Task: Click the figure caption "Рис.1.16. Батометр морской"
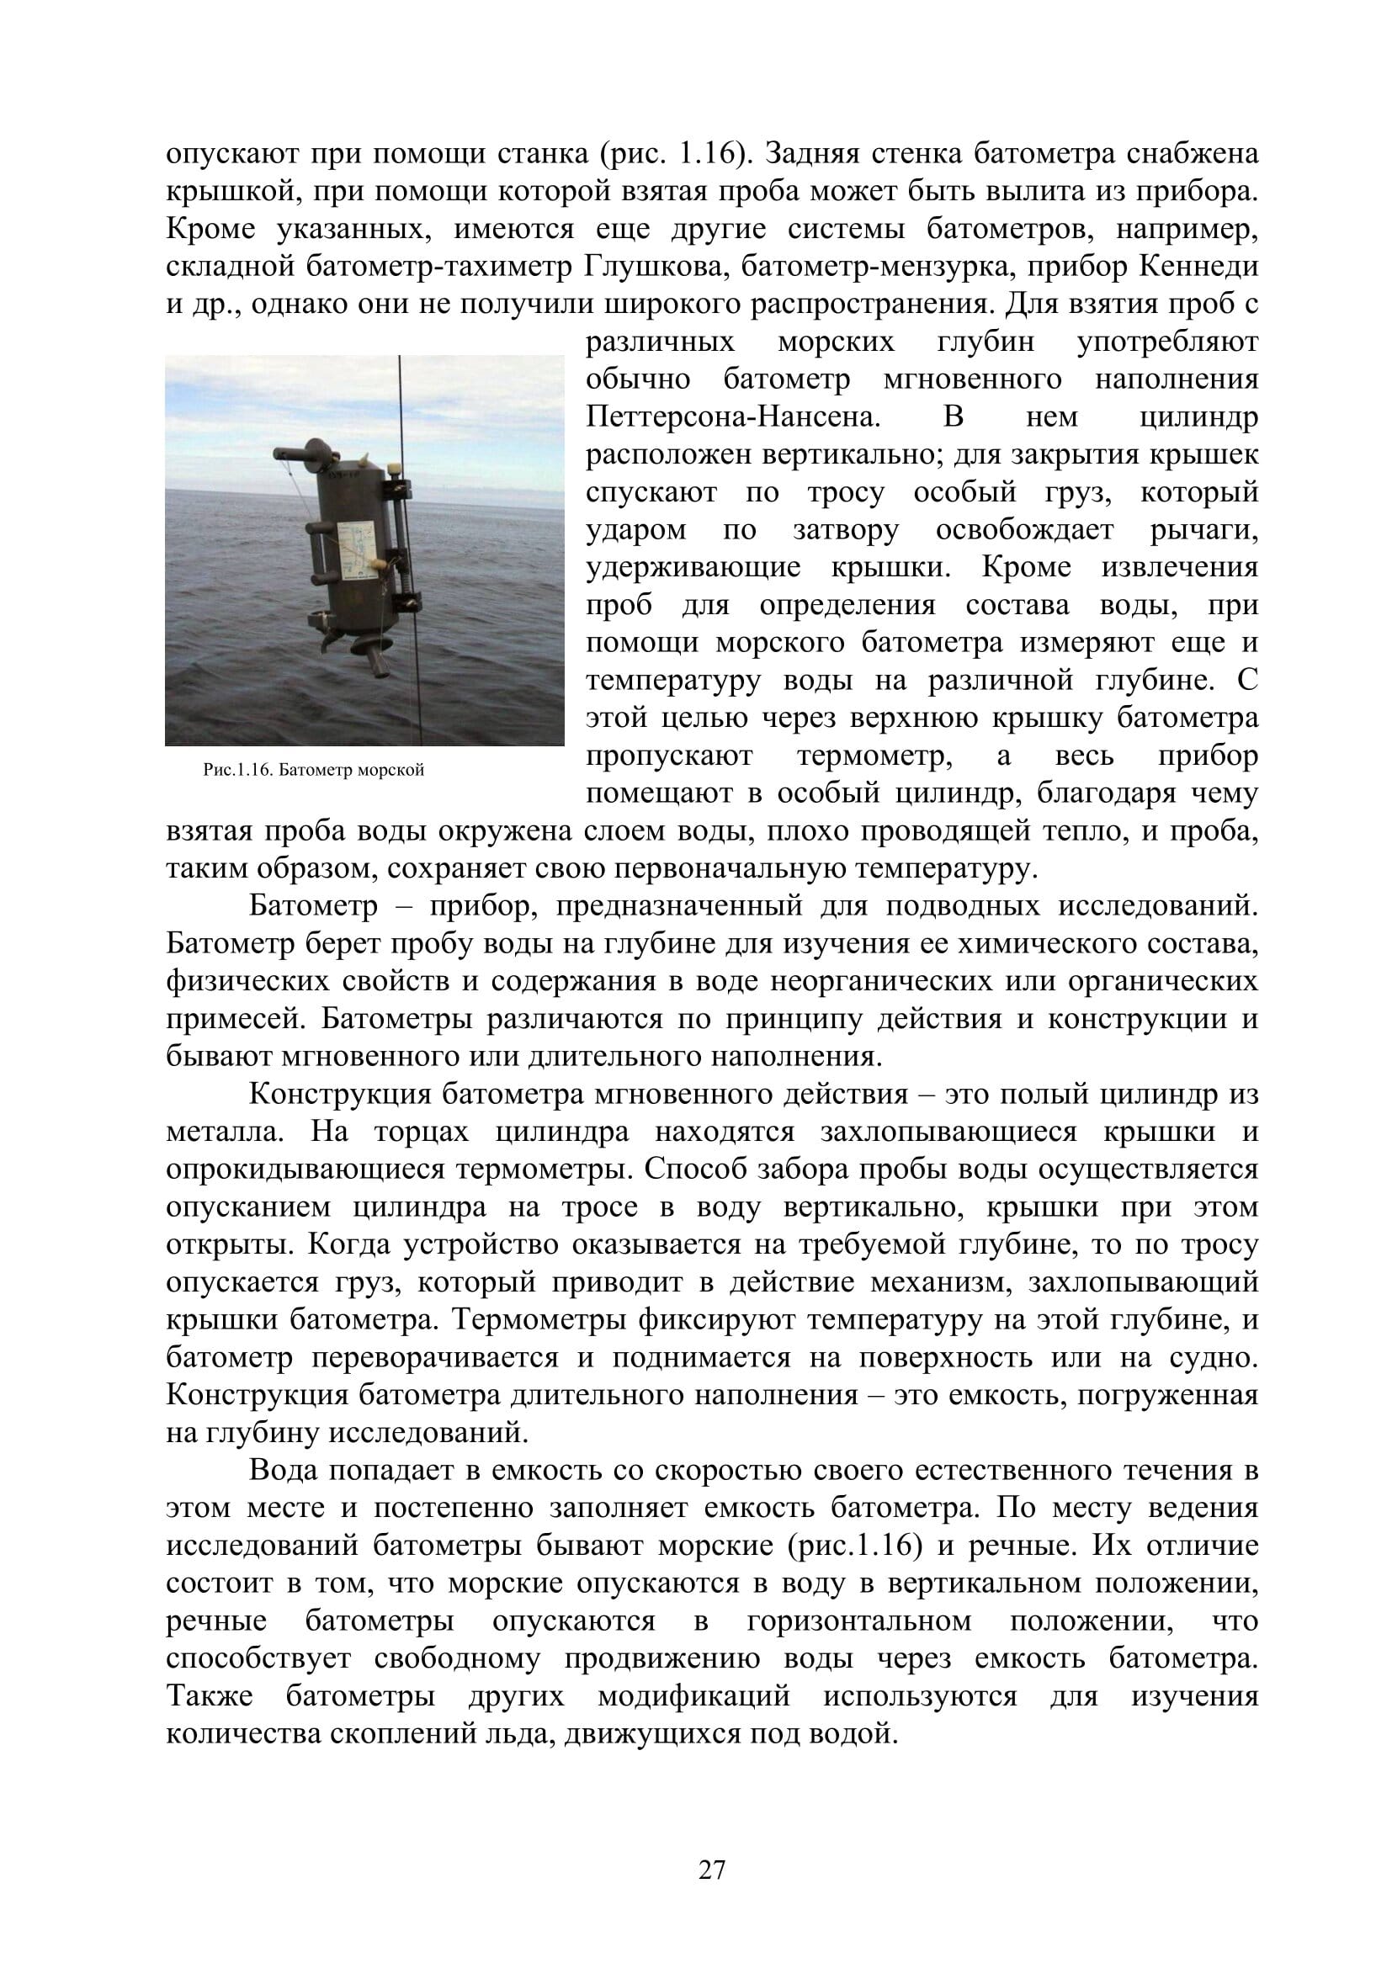pyautogui.click(x=314, y=770)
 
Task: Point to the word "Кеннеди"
pyautogui.click(x=1199, y=267)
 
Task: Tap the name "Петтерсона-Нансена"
pyautogui.click(x=734, y=416)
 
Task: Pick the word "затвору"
pyautogui.click(x=846, y=530)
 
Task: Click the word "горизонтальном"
pyautogui.click(x=860, y=1621)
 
